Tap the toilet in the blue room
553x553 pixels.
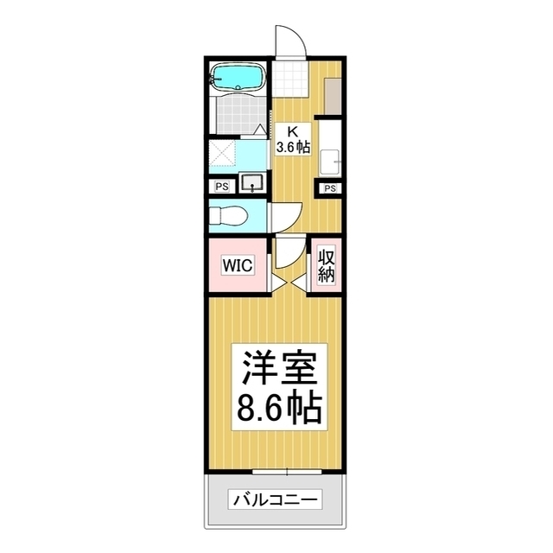[228, 216]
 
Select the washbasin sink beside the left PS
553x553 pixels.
[253, 183]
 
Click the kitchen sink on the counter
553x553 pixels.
[329, 160]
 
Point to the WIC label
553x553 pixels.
[238, 265]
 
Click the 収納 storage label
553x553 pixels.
[327, 266]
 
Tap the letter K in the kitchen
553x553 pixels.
[292, 130]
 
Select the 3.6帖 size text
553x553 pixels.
[292, 147]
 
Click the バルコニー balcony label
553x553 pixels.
[275, 499]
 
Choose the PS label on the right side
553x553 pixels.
[328, 188]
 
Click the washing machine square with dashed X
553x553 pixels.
[223, 156]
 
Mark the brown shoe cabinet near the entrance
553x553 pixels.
[333, 92]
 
